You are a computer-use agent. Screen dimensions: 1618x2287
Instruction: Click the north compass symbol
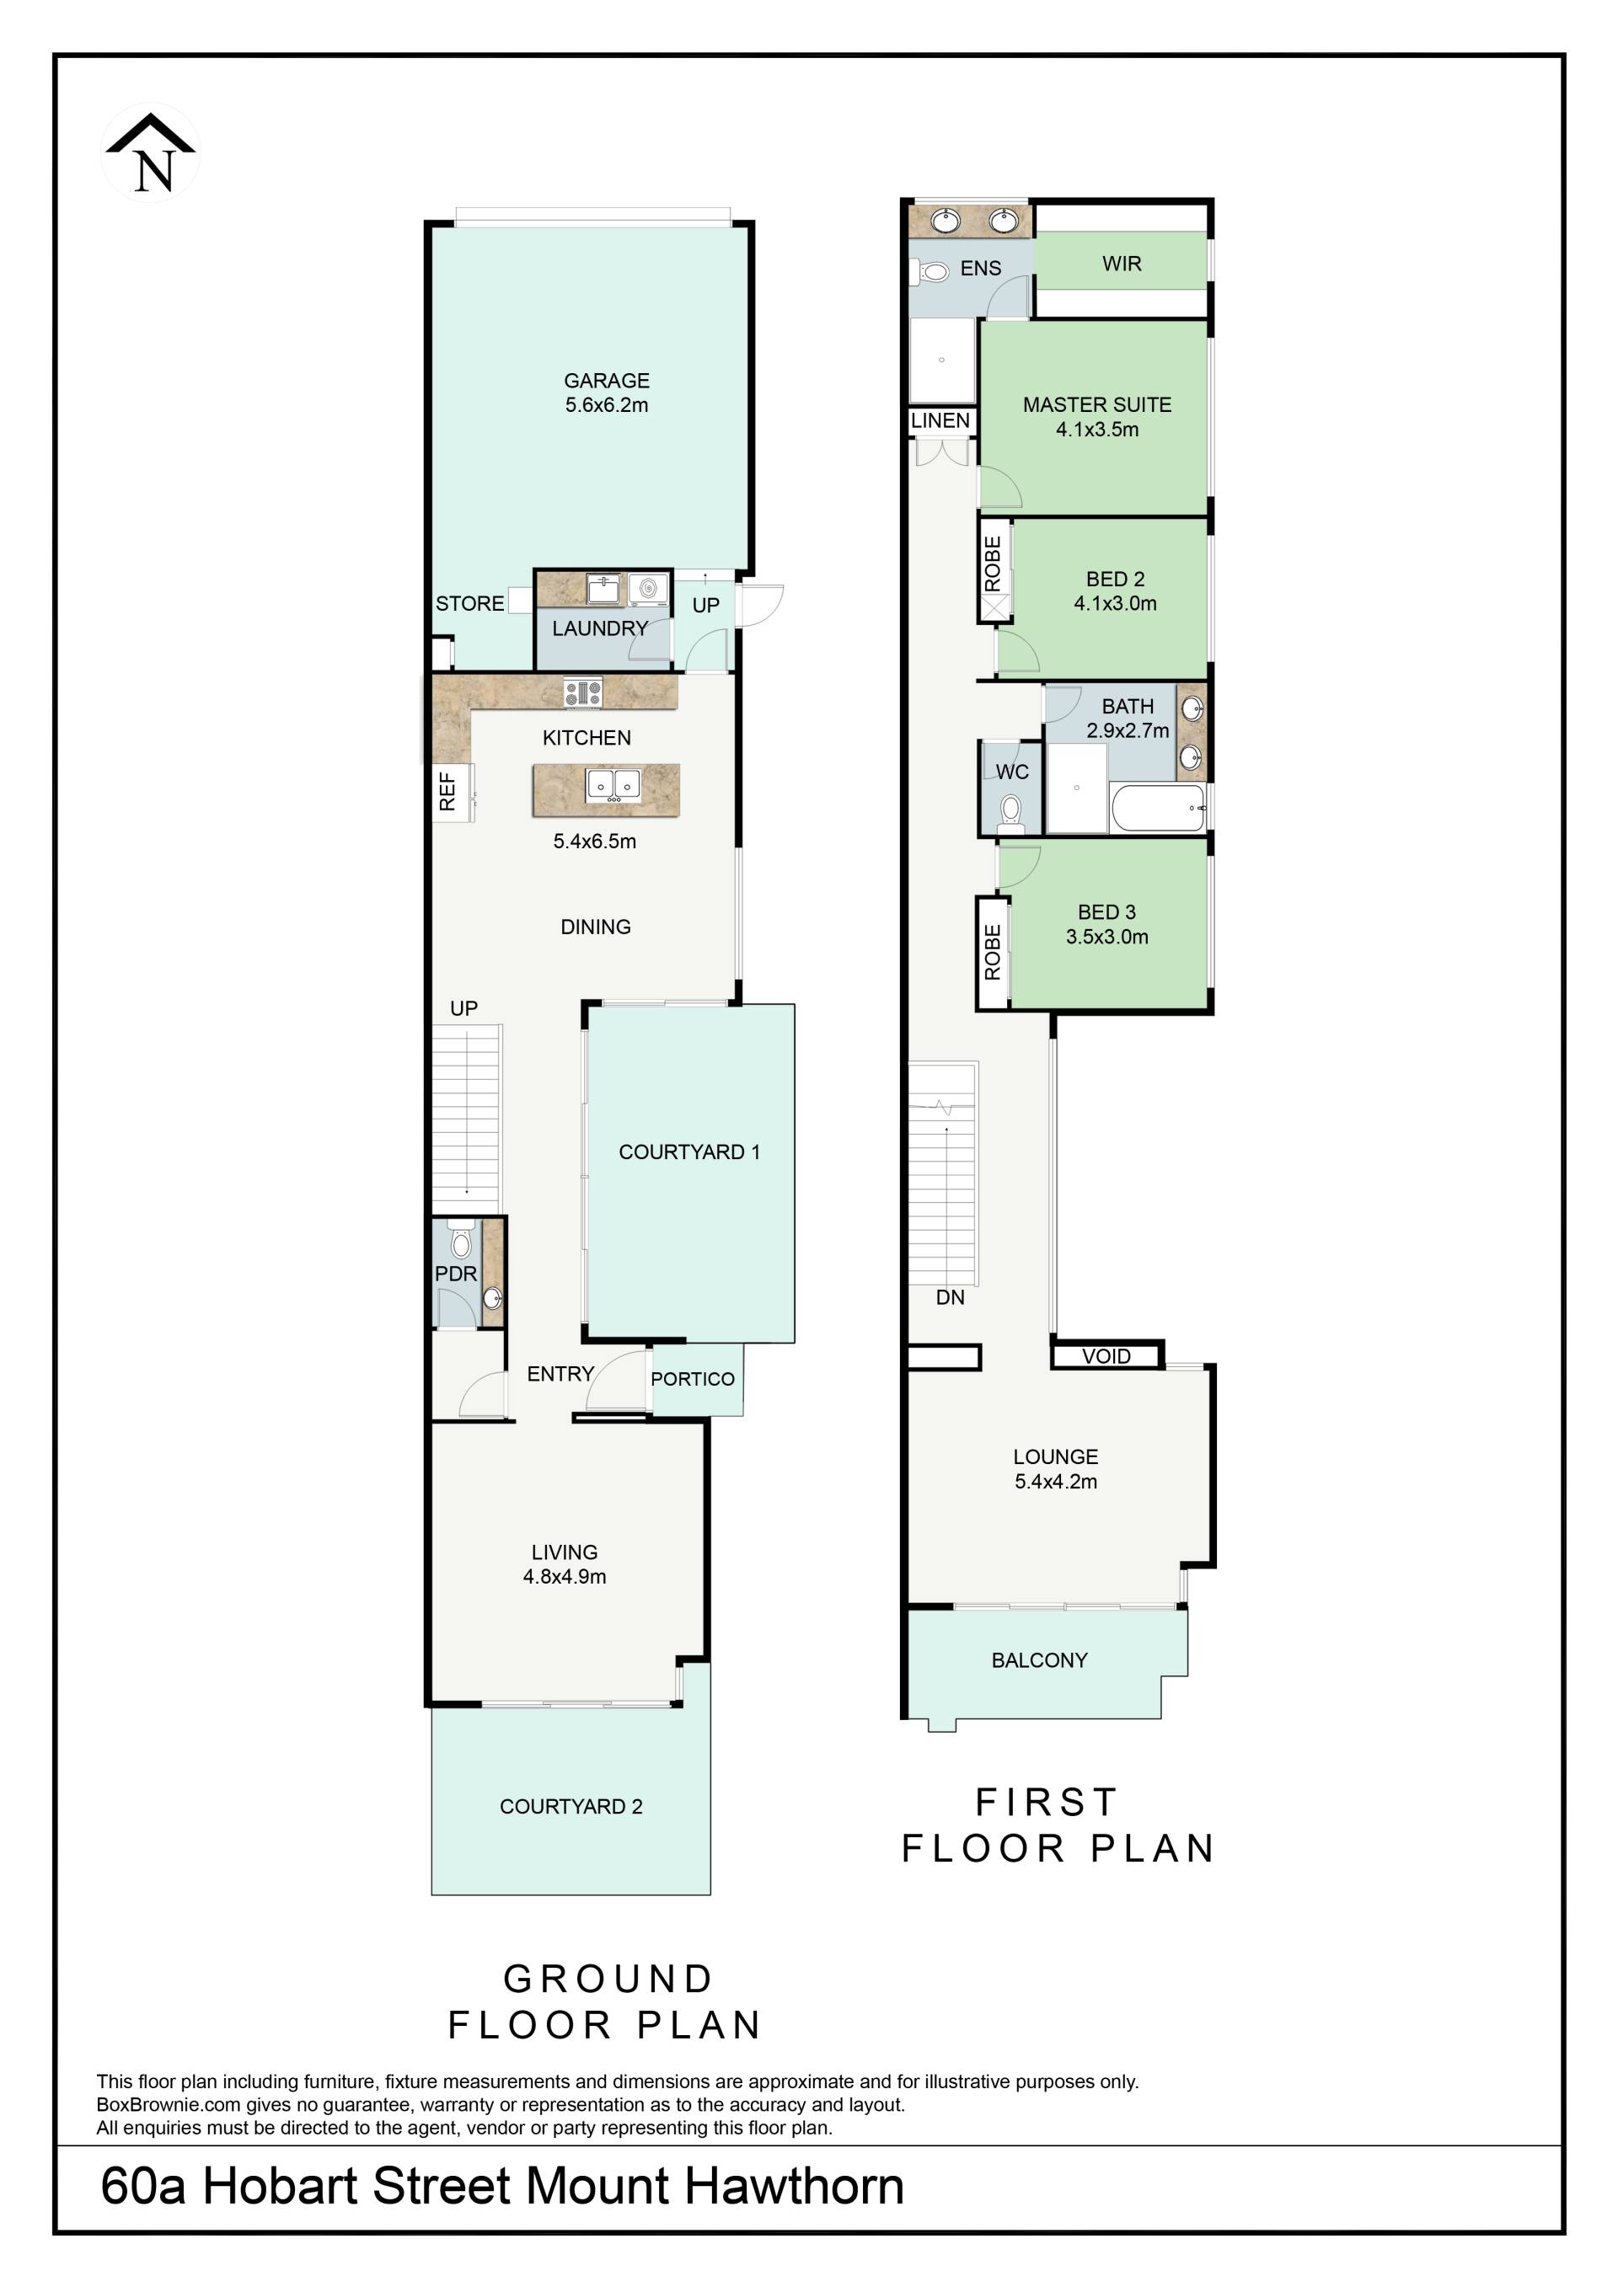coord(152,154)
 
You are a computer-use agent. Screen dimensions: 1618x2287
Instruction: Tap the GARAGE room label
coord(607,381)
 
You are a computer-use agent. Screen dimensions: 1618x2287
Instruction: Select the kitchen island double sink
coord(612,785)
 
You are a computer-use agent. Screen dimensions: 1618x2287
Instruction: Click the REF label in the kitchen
coord(447,791)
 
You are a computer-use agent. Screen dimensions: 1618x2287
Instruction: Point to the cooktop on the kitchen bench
coord(583,692)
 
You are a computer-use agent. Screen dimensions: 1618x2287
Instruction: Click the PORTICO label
coord(693,1379)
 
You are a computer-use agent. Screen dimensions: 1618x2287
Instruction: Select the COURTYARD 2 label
coord(571,1806)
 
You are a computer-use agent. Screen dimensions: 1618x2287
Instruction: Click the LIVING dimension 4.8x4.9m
coord(565,1576)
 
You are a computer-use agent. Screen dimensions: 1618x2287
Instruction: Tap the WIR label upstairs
coord(1122,264)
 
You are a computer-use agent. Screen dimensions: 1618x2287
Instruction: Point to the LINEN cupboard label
coord(940,420)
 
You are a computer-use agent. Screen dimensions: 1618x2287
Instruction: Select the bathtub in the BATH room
coord(1159,808)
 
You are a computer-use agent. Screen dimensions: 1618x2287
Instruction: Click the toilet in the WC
coord(1011,813)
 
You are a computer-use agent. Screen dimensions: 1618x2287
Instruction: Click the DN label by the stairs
coord(951,1297)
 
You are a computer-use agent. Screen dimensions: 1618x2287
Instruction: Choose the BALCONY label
coord(1039,1659)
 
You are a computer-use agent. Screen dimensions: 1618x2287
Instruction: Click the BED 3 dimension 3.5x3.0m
coord(1106,937)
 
